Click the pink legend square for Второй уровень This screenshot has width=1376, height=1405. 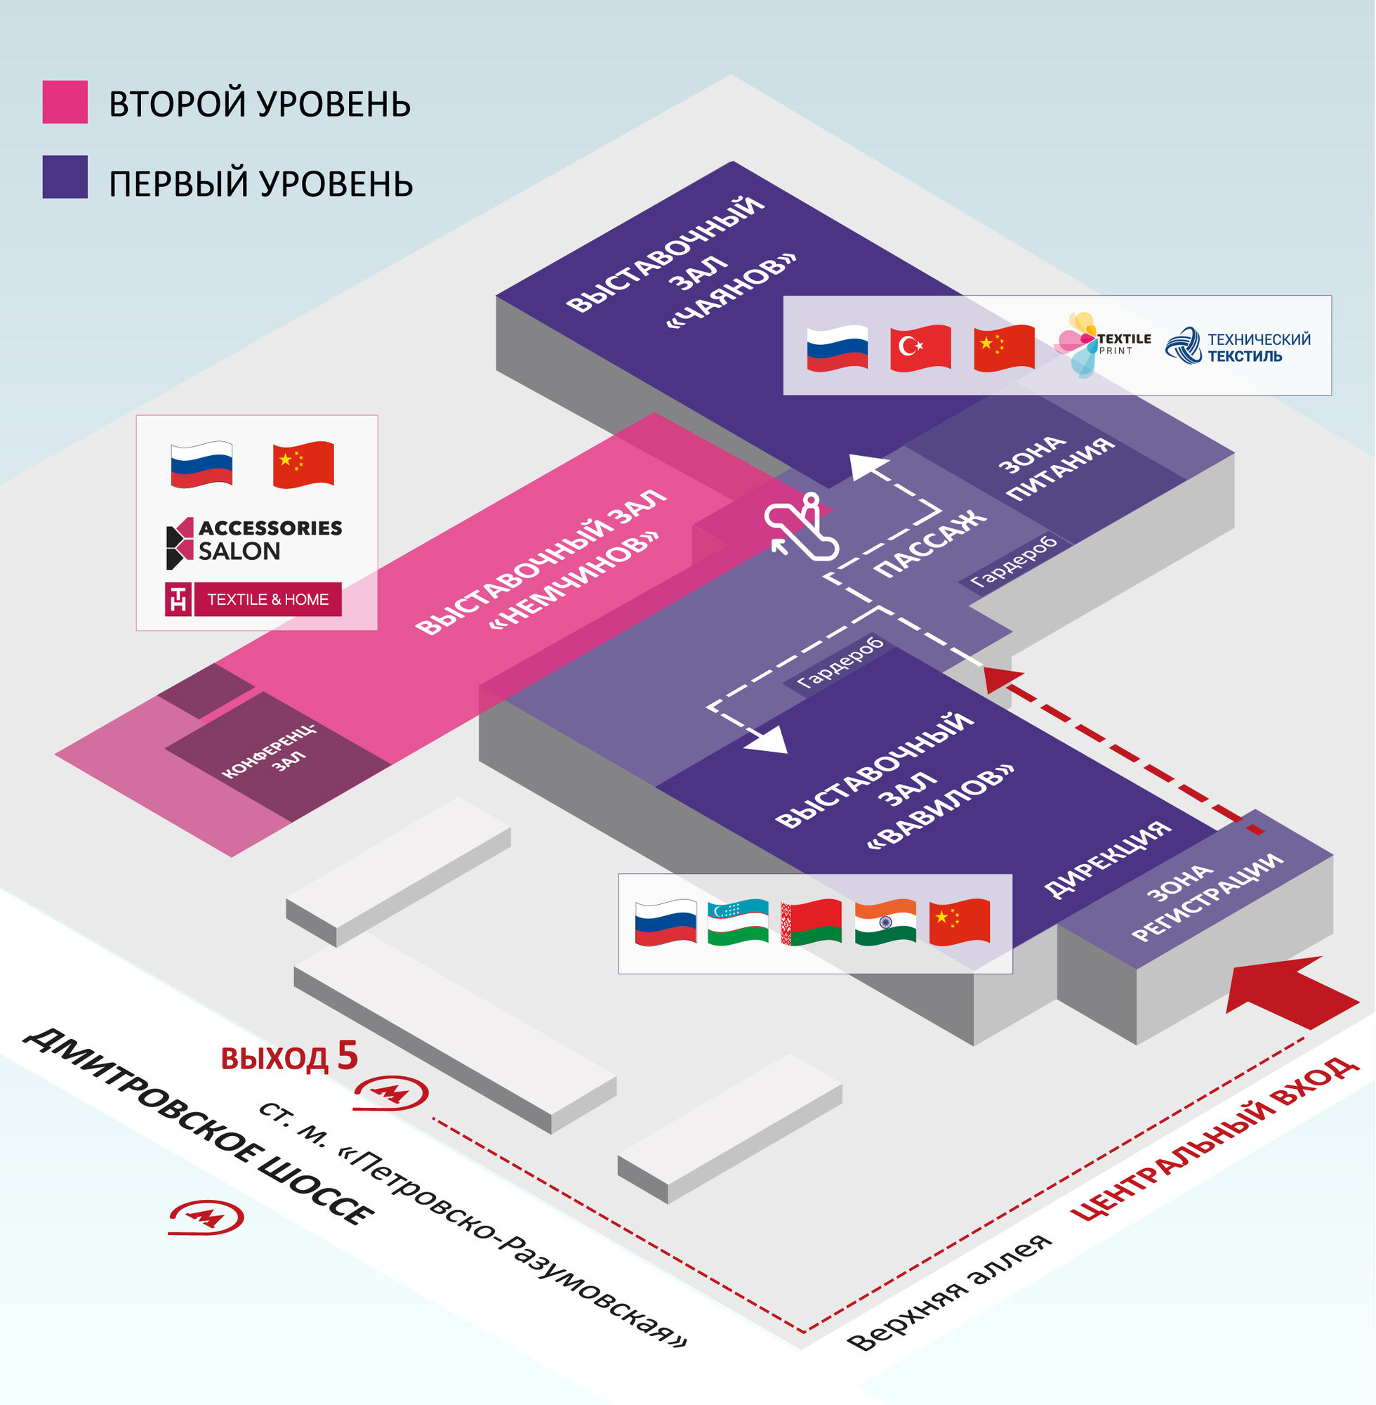pos(65,102)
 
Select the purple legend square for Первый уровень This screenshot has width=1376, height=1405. pos(65,177)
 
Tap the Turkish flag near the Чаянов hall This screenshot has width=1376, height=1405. pos(920,348)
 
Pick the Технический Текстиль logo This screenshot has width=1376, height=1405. pos(1238,346)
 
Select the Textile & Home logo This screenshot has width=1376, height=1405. pos(253,599)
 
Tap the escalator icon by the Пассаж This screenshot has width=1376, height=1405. pos(801,527)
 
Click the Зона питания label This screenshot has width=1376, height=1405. pos(1055,467)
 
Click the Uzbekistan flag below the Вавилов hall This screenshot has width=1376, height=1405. pos(738,922)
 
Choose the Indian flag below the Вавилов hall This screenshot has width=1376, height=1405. pos(885,922)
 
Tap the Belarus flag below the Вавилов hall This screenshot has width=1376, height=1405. pos(812,922)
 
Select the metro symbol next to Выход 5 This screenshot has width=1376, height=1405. pos(390,1093)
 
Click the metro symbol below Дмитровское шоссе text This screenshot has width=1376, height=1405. pos(206,1217)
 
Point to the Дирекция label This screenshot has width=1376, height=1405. pos(1107,860)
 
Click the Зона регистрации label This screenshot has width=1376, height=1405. pos(1207,897)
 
